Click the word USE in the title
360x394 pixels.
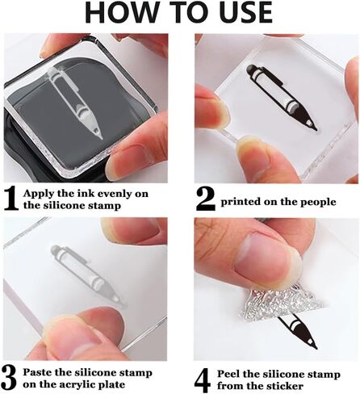click(x=244, y=12)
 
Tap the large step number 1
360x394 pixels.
click(x=11, y=199)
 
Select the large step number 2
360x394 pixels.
click(x=205, y=199)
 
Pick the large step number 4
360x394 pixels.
click(x=203, y=381)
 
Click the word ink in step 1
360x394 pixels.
click(x=85, y=194)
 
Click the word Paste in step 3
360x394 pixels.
click(x=37, y=373)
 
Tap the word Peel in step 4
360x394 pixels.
click(x=229, y=374)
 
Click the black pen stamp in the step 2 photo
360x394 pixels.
click(x=282, y=98)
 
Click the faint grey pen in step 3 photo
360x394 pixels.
click(x=88, y=276)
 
